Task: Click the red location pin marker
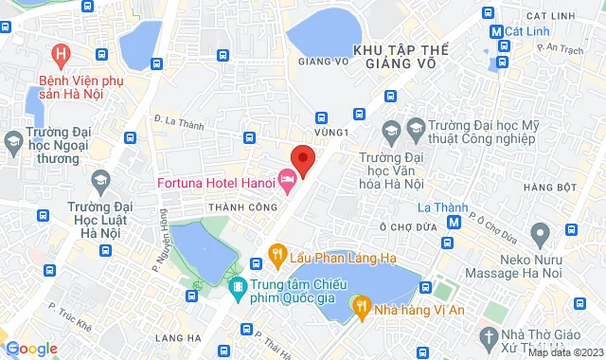coord(302,158)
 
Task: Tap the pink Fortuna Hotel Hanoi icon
coord(287,178)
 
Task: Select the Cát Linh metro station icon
coord(496,30)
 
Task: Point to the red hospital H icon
coord(62,55)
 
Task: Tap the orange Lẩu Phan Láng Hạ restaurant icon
coord(276,253)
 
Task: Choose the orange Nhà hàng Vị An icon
coord(361,305)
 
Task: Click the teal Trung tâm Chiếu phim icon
coord(236,285)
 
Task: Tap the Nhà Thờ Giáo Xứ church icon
coord(488,336)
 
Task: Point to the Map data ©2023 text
coord(564,352)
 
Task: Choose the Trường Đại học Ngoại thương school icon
coord(13,144)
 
